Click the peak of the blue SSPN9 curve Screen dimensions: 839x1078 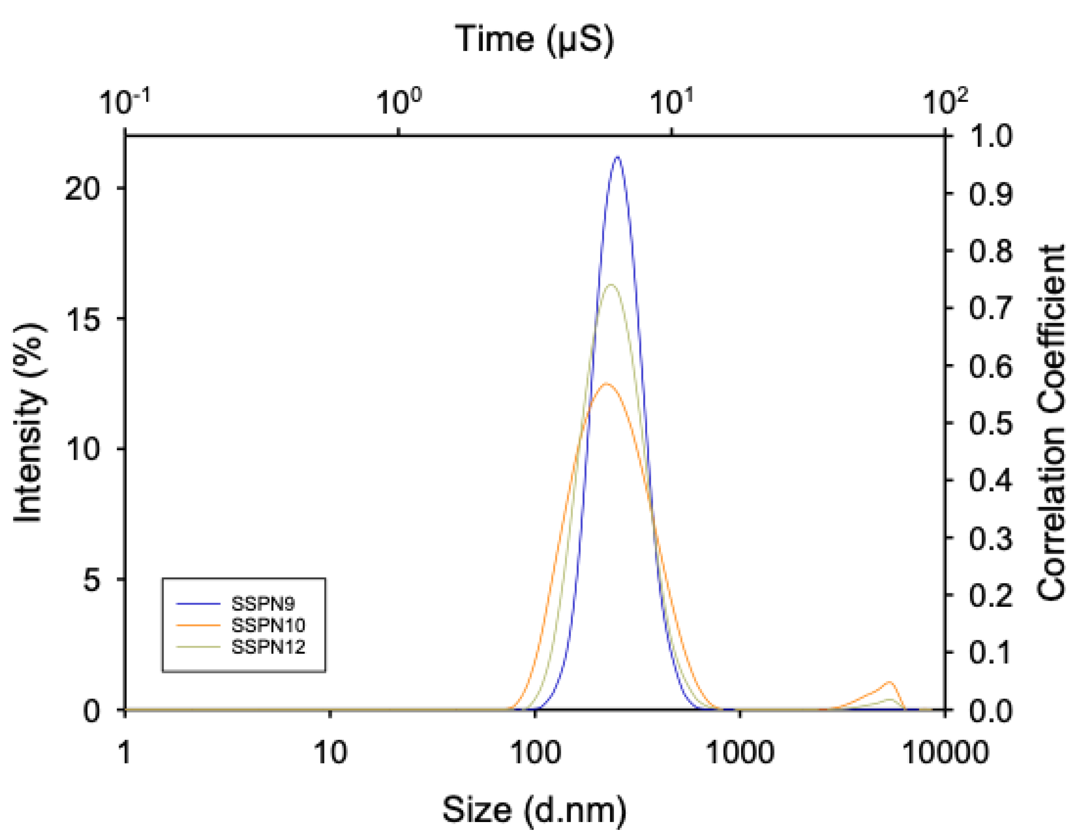617,157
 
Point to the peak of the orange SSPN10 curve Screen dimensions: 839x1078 607,383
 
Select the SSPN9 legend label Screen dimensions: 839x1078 263,603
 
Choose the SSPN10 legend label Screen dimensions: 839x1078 268,625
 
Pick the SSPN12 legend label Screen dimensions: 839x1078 268,647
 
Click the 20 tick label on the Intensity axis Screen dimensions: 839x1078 82,188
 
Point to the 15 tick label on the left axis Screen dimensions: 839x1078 82,318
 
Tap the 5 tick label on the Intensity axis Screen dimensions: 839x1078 91,579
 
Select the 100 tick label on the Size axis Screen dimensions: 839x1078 535,753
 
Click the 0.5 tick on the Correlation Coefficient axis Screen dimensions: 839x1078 990,423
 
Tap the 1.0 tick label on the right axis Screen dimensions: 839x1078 990,135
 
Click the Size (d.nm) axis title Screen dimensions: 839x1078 534,810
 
